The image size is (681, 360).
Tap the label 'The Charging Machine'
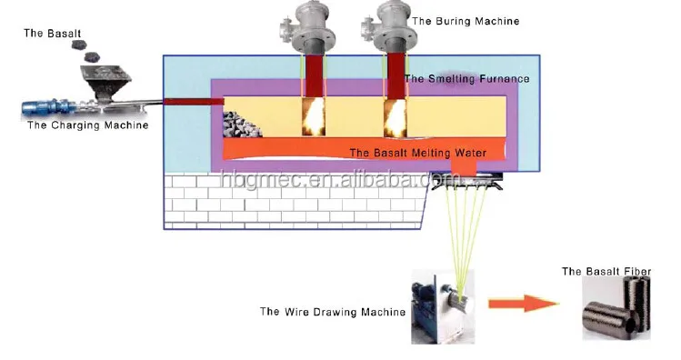click(87, 125)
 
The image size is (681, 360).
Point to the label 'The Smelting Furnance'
click(466, 79)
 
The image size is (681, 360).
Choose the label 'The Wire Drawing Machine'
click(333, 312)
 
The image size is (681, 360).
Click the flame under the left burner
click(314, 116)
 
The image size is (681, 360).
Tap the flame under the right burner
click(395, 116)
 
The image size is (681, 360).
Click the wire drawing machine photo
click(443, 305)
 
